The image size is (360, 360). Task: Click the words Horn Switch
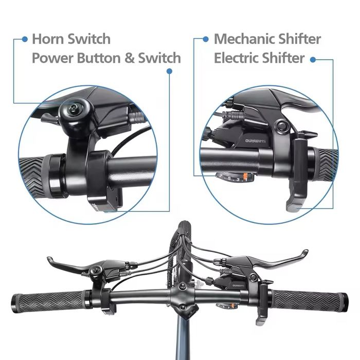71,39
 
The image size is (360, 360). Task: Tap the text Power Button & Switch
106,58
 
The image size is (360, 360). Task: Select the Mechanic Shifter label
267,39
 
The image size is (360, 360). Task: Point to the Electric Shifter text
259,58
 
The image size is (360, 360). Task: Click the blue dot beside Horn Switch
24,39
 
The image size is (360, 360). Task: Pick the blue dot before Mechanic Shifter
206,39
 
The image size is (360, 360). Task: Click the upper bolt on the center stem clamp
182,285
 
